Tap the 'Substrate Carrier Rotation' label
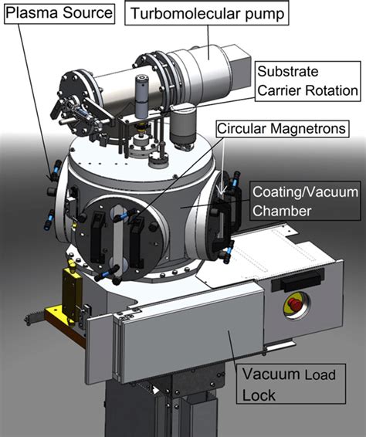coord(307,81)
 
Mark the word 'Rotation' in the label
coord(330,90)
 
